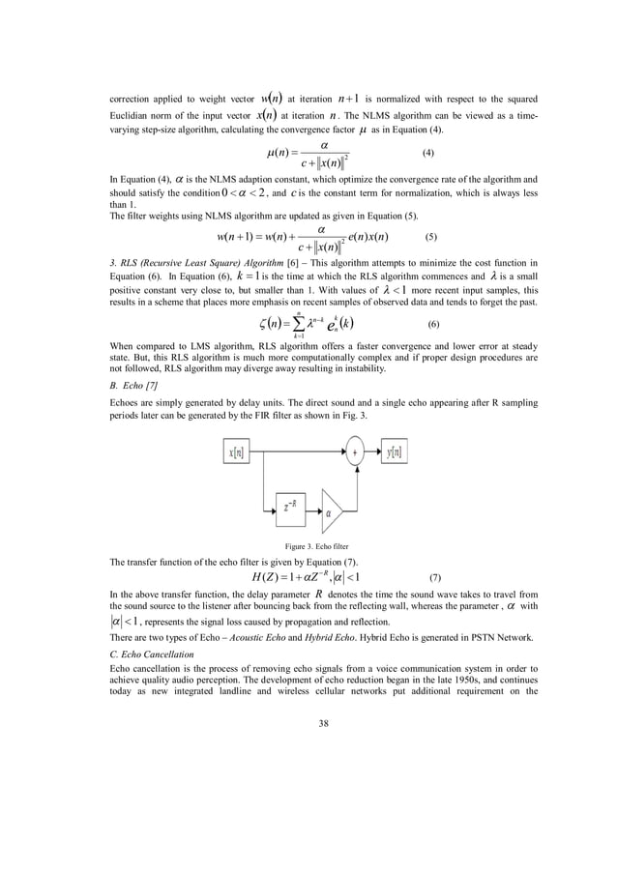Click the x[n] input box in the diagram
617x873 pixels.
[x=236, y=451]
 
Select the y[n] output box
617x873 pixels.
[x=395, y=451]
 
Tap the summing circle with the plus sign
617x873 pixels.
[x=355, y=451]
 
